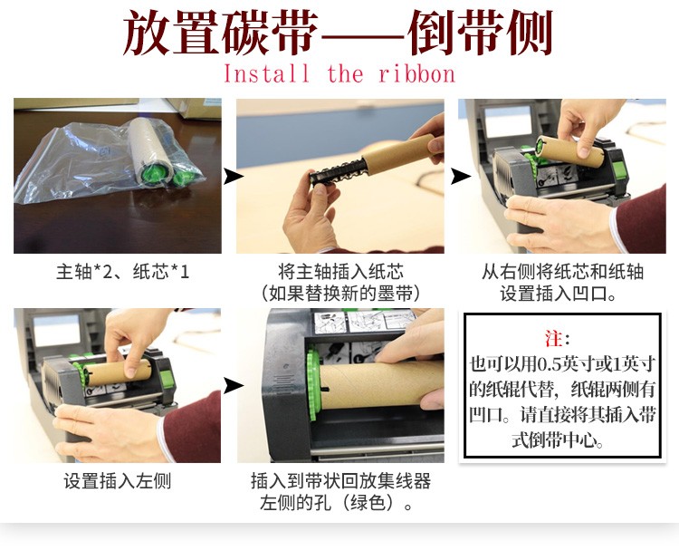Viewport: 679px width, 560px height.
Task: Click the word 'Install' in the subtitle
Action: [x=266, y=73]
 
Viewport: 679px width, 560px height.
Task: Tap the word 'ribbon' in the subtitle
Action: [x=417, y=73]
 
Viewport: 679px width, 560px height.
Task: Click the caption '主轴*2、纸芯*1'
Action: [x=122, y=272]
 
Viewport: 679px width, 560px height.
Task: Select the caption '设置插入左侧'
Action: [x=118, y=481]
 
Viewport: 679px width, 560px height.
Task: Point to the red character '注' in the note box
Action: [x=554, y=338]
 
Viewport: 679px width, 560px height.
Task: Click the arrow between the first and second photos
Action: [x=233, y=177]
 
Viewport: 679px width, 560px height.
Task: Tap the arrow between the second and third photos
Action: [x=460, y=177]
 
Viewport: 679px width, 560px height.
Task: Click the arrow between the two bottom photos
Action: [x=233, y=385]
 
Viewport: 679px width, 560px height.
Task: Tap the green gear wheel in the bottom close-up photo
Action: [x=313, y=383]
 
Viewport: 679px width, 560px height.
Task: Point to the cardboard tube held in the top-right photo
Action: [x=570, y=151]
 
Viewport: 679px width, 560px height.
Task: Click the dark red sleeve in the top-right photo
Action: [x=641, y=219]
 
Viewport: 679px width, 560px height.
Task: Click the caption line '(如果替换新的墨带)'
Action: [x=340, y=293]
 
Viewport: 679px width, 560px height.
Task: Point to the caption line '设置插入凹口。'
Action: [x=559, y=293]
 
